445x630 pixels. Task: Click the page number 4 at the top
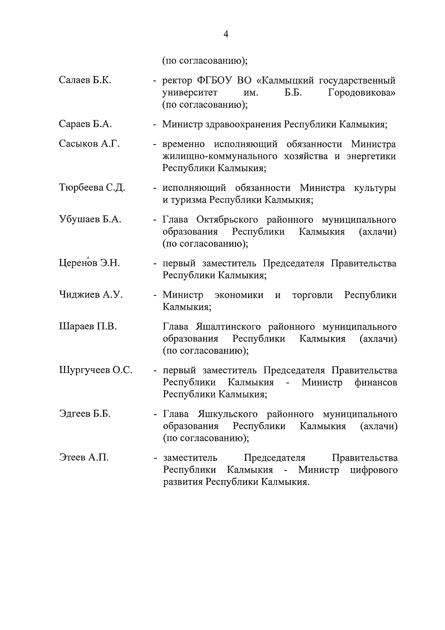[x=226, y=34]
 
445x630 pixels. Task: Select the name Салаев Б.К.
[x=85, y=80]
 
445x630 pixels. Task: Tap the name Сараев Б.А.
[x=85, y=124]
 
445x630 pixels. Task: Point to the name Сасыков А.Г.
[x=89, y=144]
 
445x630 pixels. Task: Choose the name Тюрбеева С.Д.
[x=92, y=188]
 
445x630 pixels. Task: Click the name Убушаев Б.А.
[x=90, y=219]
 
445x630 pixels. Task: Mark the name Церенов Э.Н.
[x=89, y=263]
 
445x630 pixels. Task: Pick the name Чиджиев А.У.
[x=91, y=295]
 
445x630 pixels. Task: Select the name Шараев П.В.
[x=88, y=327]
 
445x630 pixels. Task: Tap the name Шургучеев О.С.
[x=96, y=370]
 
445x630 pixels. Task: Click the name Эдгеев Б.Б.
[x=85, y=414]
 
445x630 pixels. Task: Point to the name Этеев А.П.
[x=84, y=457]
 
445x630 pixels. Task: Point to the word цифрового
[x=373, y=470]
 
